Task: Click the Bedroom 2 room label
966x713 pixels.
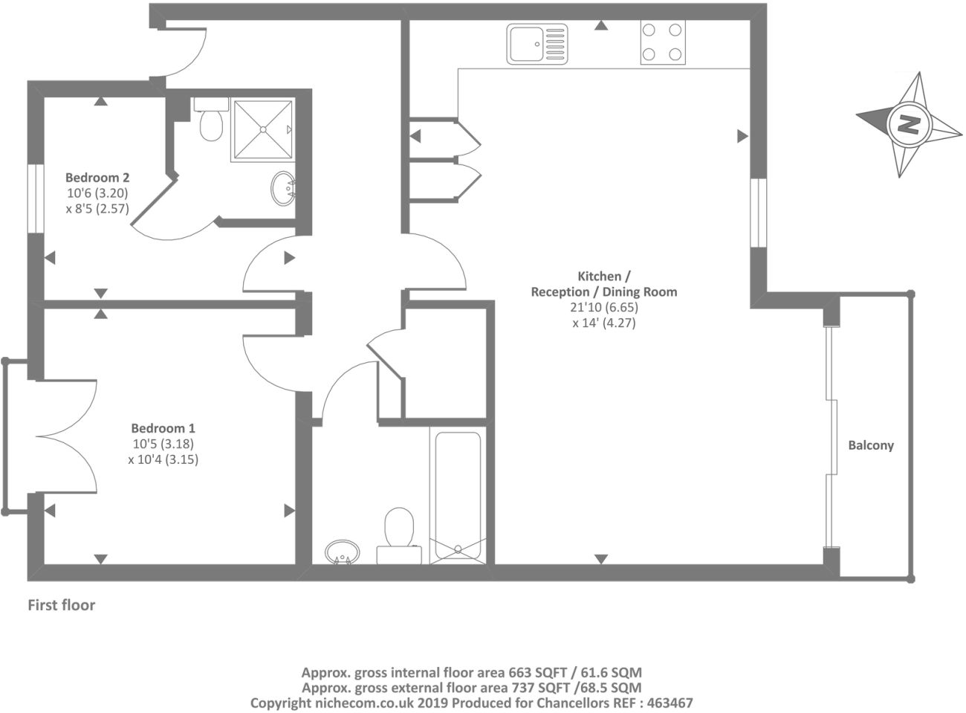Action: tap(97, 178)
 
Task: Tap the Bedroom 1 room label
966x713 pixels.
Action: tap(163, 428)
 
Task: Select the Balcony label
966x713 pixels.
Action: tap(871, 445)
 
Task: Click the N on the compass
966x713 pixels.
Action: tap(910, 125)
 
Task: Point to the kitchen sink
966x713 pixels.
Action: tap(537, 45)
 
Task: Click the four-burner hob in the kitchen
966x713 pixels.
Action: tap(662, 42)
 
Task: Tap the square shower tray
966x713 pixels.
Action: tap(262, 129)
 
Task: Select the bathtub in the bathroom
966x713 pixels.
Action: tap(458, 495)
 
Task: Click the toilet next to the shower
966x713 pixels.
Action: tap(211, 119)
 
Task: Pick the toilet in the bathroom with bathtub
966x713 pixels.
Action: tap(399, 536)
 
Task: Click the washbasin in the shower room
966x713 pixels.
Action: tap(283, 189)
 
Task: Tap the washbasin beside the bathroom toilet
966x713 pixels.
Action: tap(343, 552)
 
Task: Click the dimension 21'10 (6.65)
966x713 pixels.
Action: tap(603, 307)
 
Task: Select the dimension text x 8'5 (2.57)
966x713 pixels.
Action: tap(97, 209)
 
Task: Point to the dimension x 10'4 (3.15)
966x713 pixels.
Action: tap(163, 459)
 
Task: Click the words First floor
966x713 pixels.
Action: tap(61, 605)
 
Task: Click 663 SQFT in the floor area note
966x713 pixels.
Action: tap(538, 672)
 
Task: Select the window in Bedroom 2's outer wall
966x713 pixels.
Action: tap(36, 199)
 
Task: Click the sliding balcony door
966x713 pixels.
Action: tap(831, 437)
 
